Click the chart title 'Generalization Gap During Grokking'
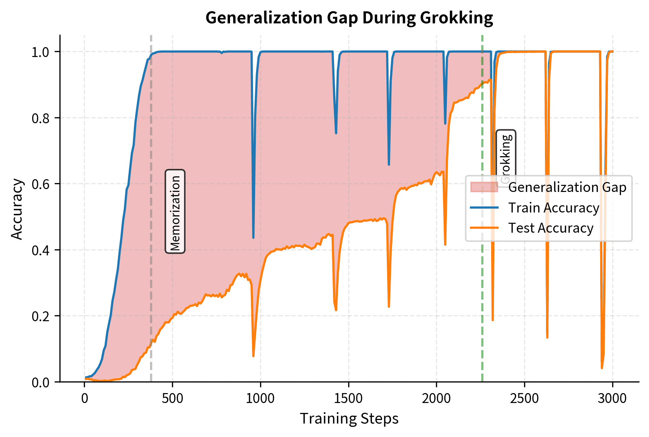coord(349,18)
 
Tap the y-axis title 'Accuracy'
coord(17,209)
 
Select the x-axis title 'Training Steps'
coord(349,419)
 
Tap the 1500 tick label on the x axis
coord(349,398)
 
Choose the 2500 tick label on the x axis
coord(524,398)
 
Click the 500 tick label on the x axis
coord(173,398)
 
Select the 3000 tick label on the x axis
coord(612,398)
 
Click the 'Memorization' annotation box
coord(175,211)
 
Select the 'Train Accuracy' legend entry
coord(553,208)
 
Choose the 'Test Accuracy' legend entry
coord(551,228)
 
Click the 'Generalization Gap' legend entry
coord(567,187)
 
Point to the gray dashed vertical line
coord(151,283)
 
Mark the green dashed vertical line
coord(482,283)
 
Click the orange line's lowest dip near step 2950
coord(602,368)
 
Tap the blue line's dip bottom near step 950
coord(253,238)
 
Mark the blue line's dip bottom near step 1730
coord(389,165)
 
